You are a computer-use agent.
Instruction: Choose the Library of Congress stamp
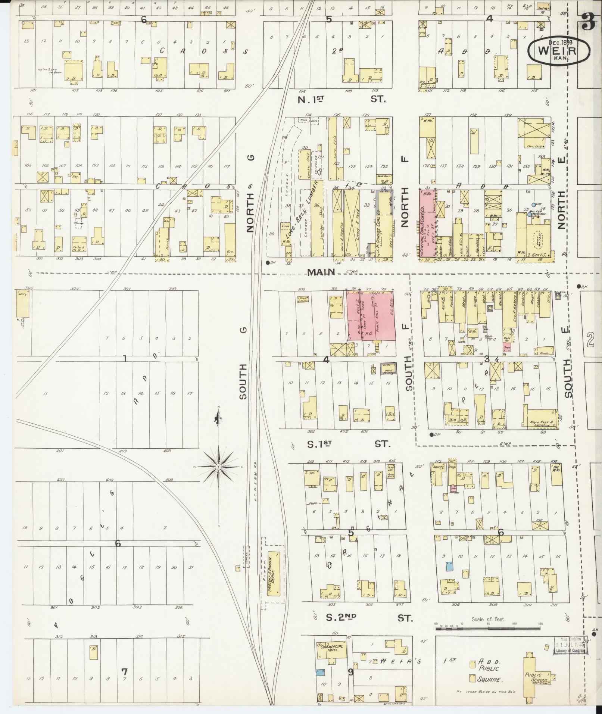click(x=569, y=645)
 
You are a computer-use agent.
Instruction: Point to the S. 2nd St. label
click(x=368, y=618)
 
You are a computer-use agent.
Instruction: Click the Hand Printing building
click(x=388, y=369)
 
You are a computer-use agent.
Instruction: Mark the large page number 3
click(x=588, y=23)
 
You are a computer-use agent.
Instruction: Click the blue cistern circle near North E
click(x=534, y=205)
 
